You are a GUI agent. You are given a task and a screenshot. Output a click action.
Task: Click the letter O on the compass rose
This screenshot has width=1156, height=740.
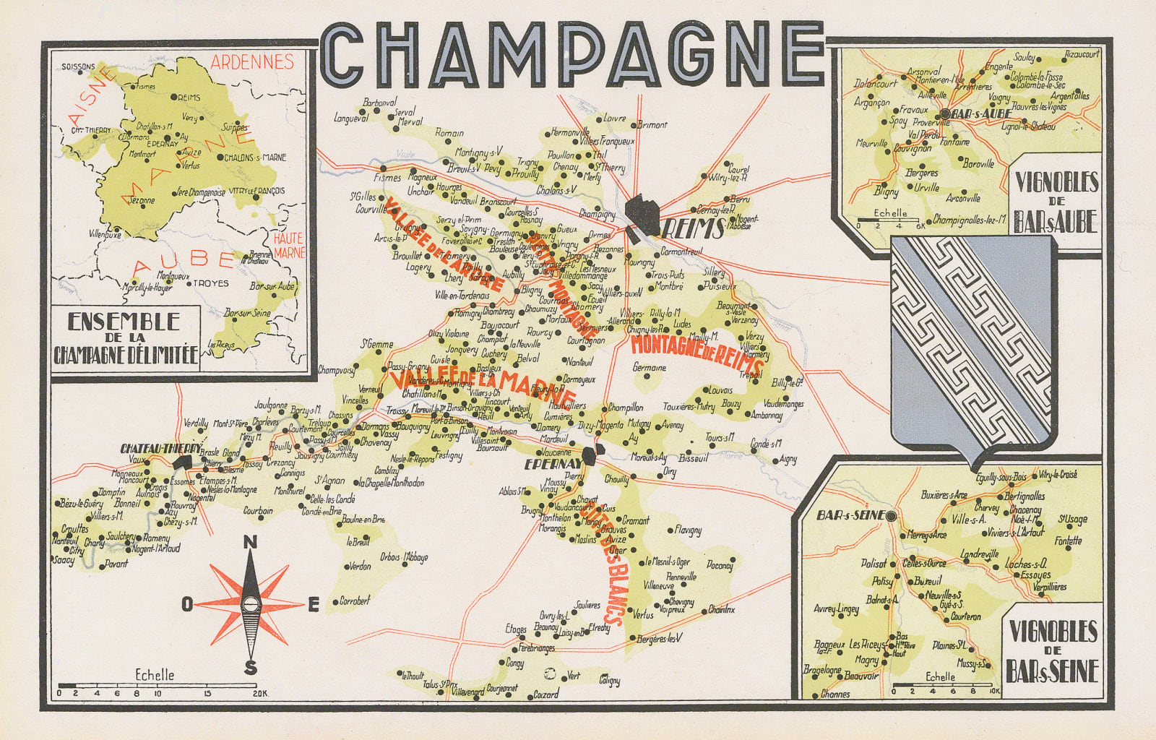click(x=187, y=606)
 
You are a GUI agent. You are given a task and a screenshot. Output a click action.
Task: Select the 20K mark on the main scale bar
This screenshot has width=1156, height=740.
click(x=259, y=694)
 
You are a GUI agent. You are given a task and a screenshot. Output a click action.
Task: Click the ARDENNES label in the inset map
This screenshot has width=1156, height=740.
click(x=252, y=61)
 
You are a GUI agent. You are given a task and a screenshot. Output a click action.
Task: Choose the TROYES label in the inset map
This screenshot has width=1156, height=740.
click(x=210, y=283)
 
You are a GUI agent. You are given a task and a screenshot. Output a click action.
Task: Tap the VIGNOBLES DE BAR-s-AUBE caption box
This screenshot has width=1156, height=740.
click(x=1056, y=202)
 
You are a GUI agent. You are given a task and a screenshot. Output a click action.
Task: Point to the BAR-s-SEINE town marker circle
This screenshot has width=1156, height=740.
click(x=891, y=517)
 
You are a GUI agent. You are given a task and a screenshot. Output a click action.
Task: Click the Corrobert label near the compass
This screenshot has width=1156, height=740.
click(x=355, y=600)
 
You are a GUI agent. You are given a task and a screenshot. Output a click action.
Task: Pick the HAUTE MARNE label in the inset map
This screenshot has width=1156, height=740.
click(x=289, y=244)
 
